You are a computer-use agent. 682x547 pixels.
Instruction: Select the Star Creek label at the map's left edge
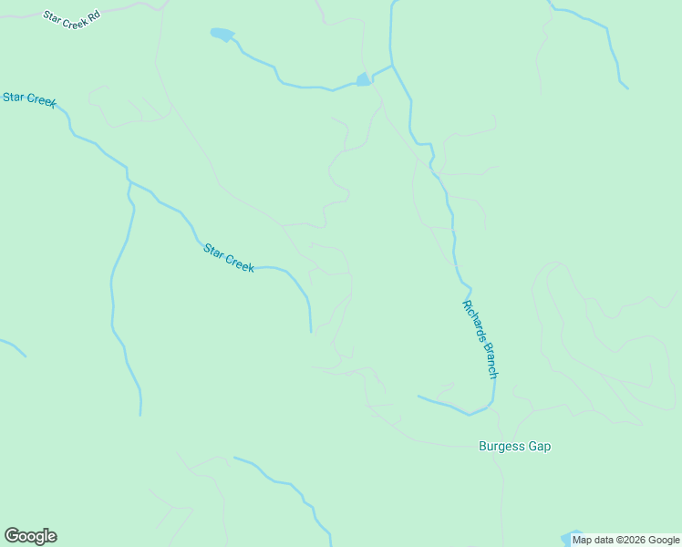(x=29, y=98)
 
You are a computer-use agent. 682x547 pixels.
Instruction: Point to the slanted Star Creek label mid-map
(x=228, y=258)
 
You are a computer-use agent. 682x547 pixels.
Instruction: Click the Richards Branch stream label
(x=480, y=339)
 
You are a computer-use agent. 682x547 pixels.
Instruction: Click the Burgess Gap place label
(x=514, y=447)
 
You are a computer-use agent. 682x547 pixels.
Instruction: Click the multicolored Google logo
(x=30, y=536)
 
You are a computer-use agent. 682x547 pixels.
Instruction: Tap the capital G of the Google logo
(x=12, y=535)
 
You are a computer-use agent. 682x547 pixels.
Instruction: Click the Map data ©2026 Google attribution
(x=625, y=540)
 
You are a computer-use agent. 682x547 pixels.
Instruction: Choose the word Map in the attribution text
(x=583, y=540)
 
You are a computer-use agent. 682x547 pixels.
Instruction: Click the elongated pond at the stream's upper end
(x=222, y=35)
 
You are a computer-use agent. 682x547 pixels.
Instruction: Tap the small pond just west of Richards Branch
(x=363, y=79)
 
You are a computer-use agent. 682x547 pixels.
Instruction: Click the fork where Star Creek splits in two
(x=129, y=180)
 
